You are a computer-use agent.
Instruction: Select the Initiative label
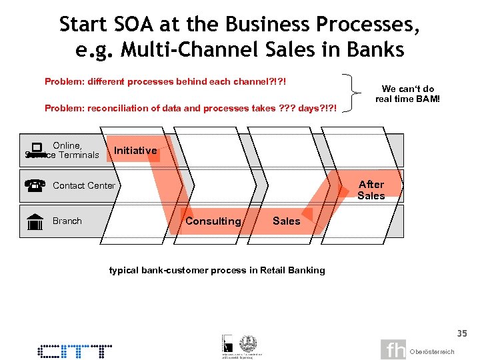tap(135, 151)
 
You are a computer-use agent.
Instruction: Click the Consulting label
tap(213, 221)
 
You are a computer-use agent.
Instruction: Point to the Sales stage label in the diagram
tap(286, 221)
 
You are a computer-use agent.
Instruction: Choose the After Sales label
tap(371, 190)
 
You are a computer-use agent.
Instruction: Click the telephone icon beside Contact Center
tap(37, 186)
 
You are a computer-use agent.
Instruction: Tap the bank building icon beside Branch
tap(36, 222)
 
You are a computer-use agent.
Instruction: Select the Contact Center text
tap(83, 186)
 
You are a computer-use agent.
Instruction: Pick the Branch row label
tap(67, 221)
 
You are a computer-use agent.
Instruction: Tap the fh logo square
tap(393, 349)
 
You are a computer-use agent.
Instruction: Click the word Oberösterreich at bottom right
tap(432, 351)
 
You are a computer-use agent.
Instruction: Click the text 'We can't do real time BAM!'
tap(407, 94)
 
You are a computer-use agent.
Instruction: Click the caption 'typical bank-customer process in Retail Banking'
tap(217, 270)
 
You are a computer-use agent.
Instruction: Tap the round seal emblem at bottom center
tap(248, 342)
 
